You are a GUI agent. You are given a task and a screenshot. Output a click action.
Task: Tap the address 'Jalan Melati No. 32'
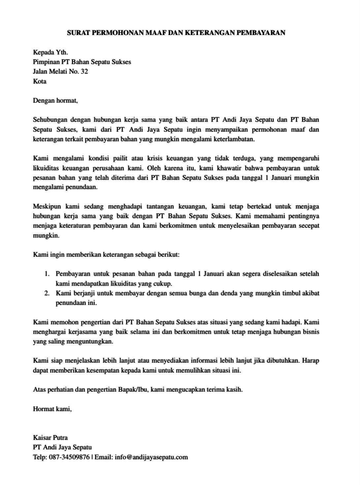(x=60, y=72)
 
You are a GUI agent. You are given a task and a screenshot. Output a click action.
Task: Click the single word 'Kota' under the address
(x=40, y=81)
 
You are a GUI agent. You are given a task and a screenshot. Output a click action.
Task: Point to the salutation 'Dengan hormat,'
(x=54, y=100)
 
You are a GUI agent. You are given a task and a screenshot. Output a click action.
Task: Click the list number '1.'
(x=47, y=274)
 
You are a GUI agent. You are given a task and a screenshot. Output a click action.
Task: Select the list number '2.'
(x=47, y=293)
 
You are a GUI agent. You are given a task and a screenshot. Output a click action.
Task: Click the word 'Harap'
(x=310, y=361)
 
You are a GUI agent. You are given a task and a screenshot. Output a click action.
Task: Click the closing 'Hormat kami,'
(x=53, y=409)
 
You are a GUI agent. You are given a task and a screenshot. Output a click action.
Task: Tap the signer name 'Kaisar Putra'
(x=50, y=438)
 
